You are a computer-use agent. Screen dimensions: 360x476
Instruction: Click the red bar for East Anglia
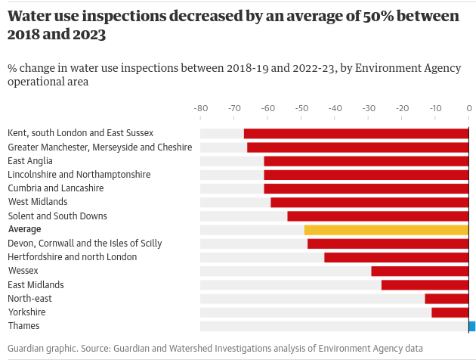366,161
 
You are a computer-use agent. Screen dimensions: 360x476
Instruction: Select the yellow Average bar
386,230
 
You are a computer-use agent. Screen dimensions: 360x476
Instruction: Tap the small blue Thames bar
472,326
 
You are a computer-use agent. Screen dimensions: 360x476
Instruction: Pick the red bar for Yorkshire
450,312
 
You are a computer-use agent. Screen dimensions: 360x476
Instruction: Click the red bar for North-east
447,299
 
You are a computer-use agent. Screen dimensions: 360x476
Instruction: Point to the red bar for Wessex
420,271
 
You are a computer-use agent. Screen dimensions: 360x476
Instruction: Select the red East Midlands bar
425,285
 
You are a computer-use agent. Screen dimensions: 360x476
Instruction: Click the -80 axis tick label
201,109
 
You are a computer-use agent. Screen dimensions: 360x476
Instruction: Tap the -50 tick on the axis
301,109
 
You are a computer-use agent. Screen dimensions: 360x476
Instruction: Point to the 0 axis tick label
469,109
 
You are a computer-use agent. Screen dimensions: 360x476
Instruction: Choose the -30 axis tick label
369,109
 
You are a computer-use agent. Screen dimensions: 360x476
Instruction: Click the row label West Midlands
38,202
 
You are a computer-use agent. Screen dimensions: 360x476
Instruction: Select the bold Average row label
24,229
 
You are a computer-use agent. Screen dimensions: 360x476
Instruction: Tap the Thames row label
23,326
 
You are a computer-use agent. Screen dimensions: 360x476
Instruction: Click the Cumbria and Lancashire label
56,188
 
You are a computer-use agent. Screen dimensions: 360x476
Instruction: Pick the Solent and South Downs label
57,216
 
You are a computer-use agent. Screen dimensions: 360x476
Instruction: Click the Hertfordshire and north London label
73,257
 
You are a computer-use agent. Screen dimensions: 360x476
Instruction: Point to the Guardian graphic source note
215,348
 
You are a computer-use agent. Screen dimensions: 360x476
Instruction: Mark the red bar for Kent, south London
357,134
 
